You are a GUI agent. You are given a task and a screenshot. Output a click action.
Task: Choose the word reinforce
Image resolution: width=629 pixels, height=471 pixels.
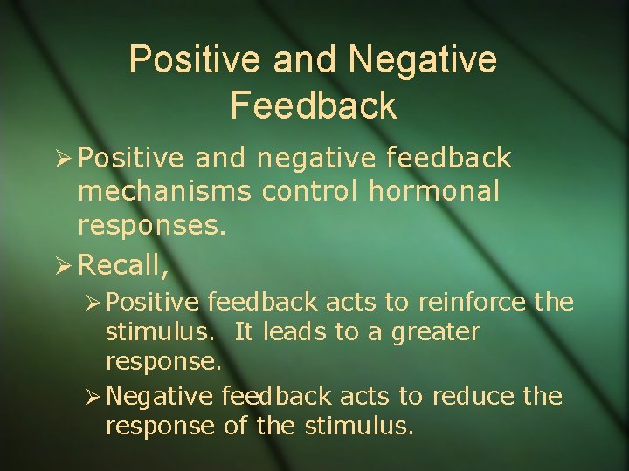click(469, 304)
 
